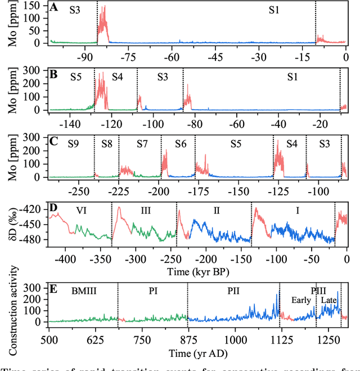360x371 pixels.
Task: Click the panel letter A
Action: tap(53, 8)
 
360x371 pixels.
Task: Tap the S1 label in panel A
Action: tap(273, 10)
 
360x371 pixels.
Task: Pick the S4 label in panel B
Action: tap(116, 77)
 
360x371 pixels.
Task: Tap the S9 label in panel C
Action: tap(73, 144)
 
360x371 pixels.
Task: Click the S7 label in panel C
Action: tap(142, 144)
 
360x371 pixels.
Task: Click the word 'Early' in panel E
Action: tap(300, 301)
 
